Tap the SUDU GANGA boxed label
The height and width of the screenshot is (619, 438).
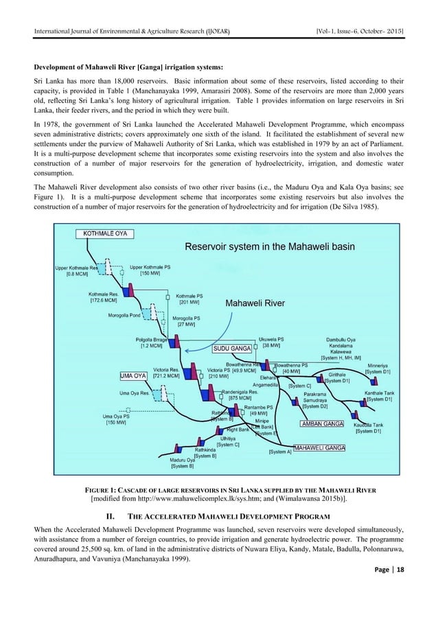[x=231, y=349]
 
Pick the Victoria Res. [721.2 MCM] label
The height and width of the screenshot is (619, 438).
[x=166, y=373]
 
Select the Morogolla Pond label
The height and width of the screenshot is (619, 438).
[x=122, y=316]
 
